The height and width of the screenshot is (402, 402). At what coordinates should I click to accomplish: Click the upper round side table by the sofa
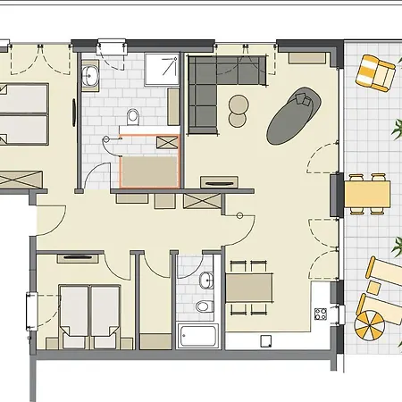tap(239, 101)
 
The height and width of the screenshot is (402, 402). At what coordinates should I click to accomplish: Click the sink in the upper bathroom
tap(91, 76)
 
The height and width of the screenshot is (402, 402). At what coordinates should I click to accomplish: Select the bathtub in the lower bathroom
tap(198, 337)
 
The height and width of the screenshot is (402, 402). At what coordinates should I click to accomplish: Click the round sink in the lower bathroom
tap(206, 281)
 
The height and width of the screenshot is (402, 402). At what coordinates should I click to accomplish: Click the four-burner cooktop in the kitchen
tap(320, 314)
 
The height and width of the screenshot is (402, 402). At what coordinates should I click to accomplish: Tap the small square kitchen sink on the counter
tap(265, 340)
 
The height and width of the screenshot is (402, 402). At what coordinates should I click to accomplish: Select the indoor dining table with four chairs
tap(249, 288)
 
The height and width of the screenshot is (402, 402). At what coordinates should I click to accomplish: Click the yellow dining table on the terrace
tap(367, 192)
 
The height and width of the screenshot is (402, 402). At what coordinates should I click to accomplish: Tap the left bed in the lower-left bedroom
tap(73, 309)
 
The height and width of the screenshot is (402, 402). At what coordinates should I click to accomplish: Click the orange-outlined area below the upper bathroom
tap(148, 161)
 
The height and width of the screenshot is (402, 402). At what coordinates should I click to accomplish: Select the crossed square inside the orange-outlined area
tap(167, 142)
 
